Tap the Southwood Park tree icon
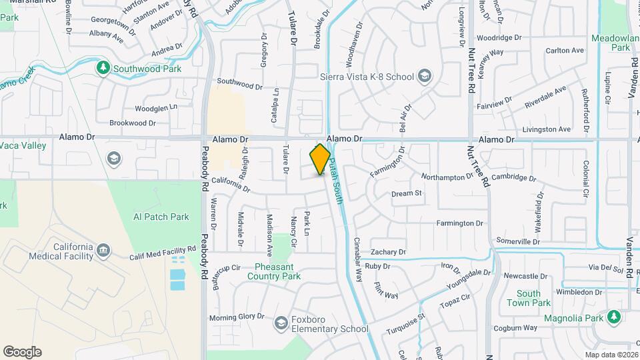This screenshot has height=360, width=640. [103, 68]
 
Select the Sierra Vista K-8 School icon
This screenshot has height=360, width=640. [424, 77]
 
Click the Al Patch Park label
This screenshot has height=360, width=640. [161, 217]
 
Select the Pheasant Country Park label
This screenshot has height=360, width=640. [278, 271]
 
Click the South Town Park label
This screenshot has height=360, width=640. [533, 298]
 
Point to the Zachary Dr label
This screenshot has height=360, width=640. [388, 252]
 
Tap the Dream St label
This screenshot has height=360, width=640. [407, 193]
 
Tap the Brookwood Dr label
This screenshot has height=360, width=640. [132, 123]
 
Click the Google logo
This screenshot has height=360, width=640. [22, 351]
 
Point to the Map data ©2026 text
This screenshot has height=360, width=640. [611, 355]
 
